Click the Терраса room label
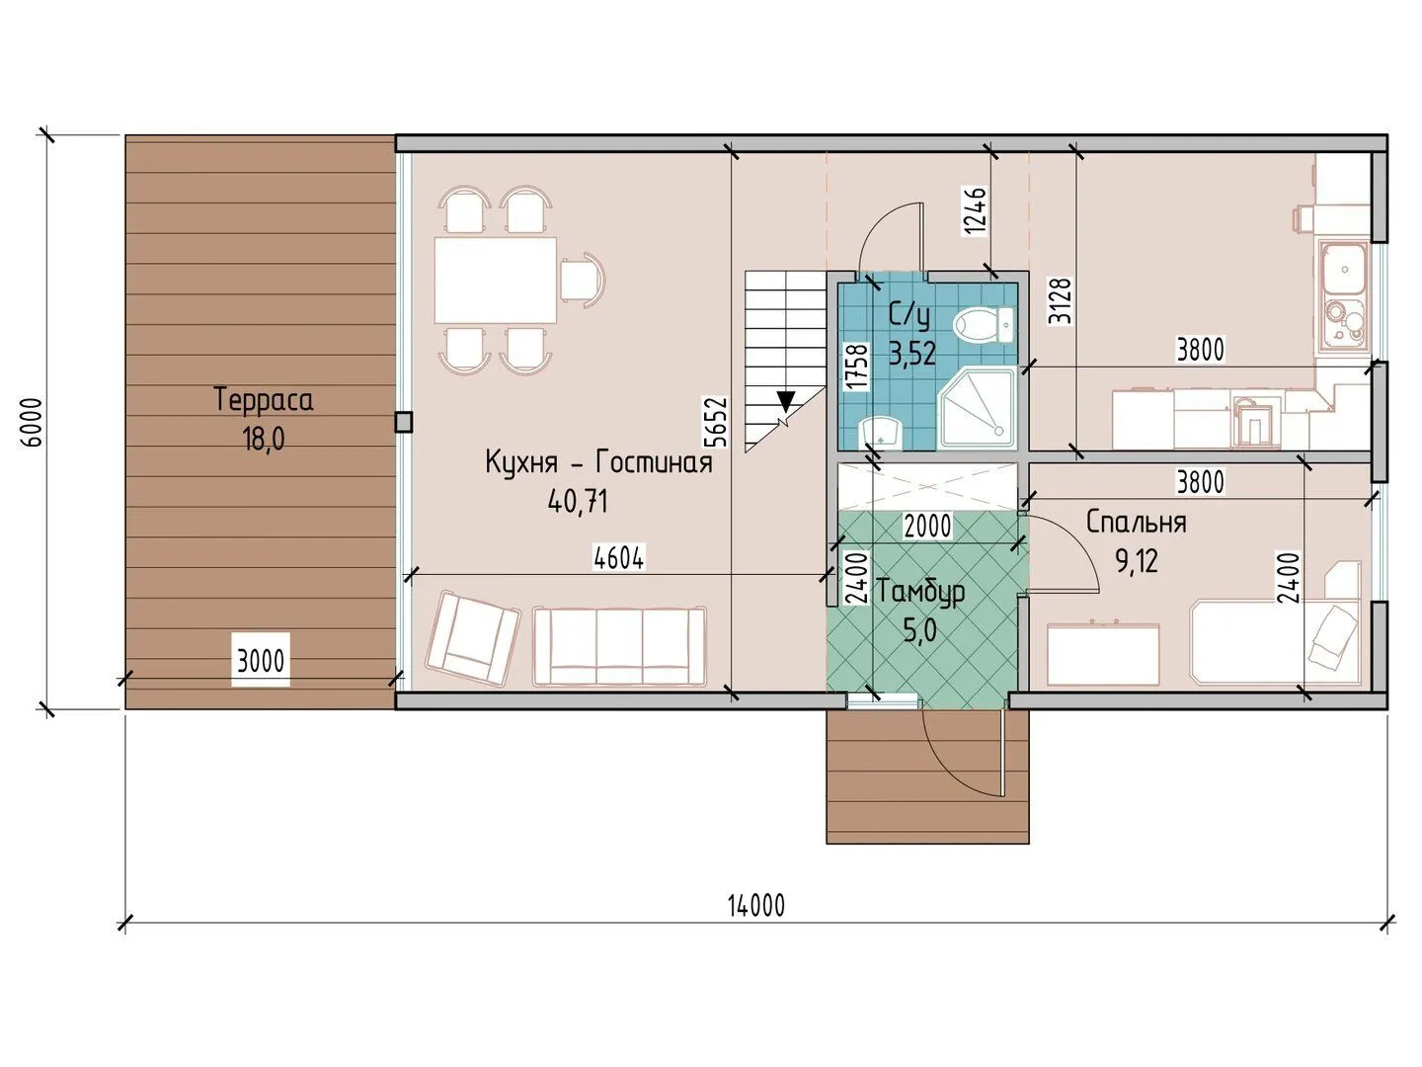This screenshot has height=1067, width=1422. click(264, 400)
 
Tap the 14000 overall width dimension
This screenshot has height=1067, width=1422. click(756, 905)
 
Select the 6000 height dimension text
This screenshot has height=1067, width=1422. click(33, 422)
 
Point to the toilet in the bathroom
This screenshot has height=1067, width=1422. click(985, 326)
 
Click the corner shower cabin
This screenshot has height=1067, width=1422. click(977, 408)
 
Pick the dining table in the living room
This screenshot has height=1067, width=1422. click(496, 280)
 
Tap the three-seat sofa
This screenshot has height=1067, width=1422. click(619, 645)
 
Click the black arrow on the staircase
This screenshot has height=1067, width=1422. click(786, 402)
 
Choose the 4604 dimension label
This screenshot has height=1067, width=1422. click(619, 558)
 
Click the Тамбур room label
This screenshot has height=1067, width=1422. click(920, 592)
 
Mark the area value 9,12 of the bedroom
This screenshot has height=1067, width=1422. click(1137, 561)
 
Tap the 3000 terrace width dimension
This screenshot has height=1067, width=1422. click(261, 662)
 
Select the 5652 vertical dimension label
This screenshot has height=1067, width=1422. click(717, 422)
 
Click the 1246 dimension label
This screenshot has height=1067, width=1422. click(975, 209)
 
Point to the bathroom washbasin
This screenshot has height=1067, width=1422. click(880, 433)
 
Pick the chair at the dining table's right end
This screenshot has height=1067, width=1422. click(584, 280)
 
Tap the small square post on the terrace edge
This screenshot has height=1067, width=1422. click(404, 423)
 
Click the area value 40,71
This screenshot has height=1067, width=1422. click(578, 501)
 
